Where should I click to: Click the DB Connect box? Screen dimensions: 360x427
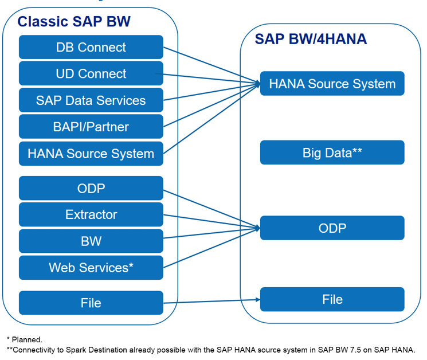91,47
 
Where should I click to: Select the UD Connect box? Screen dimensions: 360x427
91,73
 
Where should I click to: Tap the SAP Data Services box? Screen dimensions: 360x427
91,100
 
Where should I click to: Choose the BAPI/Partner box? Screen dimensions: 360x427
91,127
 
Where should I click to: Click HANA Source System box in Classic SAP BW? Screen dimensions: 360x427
91,154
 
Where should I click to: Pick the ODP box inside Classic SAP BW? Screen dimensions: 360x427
91,188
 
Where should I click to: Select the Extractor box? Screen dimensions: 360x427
91,214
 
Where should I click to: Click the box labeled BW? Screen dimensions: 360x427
91,241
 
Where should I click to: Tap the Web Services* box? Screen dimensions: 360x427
91,268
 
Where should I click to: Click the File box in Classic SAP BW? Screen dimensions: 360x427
91,303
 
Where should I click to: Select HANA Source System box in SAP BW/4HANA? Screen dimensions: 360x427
332,84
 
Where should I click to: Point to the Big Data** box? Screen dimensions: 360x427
332,152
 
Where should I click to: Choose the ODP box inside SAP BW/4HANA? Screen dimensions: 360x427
332,228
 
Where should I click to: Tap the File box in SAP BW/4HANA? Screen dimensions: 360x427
332,299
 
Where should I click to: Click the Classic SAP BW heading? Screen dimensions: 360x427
74,22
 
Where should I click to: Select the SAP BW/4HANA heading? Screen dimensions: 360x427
311,39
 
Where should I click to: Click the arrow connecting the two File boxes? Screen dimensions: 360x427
212,301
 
